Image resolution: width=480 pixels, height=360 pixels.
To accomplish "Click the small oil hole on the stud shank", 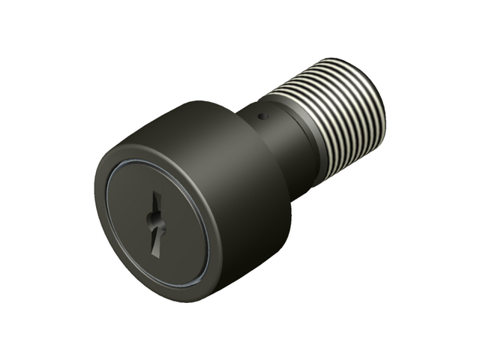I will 261,116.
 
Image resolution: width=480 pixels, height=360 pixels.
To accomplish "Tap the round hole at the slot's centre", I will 153,220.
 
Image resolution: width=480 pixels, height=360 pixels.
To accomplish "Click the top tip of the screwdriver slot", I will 157,193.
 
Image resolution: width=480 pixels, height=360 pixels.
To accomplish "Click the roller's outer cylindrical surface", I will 225,150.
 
